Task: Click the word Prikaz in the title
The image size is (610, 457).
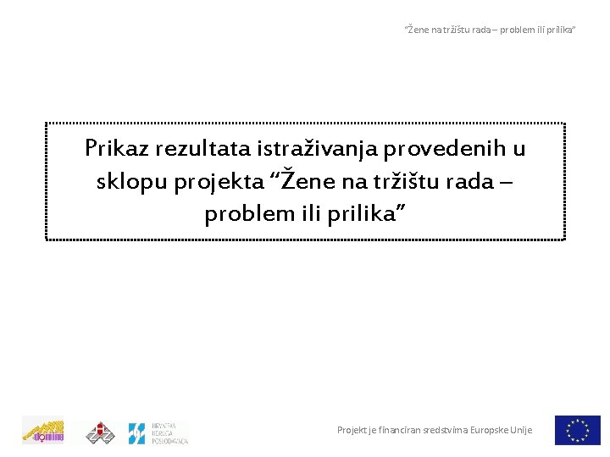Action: [x=116, y=149]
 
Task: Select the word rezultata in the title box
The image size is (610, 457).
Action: [x=202, y=149]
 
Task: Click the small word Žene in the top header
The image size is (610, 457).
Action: [x=418, y=30]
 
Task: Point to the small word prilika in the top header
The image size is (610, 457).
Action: [x=558, y=30]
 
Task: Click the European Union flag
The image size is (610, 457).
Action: [x=578, y=430]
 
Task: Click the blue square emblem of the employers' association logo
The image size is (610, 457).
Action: [x=137, y=433]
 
